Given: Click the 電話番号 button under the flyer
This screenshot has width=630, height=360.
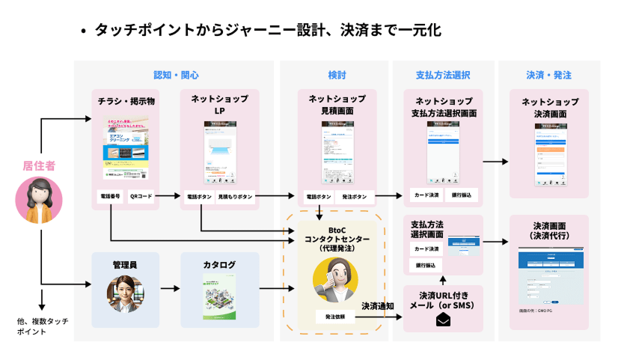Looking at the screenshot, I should tap(110, 196).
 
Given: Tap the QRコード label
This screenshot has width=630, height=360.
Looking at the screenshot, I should tap(141, 196).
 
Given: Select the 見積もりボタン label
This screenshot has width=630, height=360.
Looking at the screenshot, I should tap(235, 196).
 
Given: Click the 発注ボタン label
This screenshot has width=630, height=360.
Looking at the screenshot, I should tap(354, 196).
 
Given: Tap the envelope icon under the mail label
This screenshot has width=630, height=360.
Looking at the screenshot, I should tap(443, 320).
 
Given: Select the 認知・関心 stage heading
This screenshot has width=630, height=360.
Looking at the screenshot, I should tap(176, 76).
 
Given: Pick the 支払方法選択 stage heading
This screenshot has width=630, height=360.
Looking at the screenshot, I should tap(443, 76).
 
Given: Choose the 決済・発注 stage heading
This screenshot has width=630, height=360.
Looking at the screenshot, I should tap(548, 76).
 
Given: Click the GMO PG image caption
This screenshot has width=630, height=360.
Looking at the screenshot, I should tap(535, 309).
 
